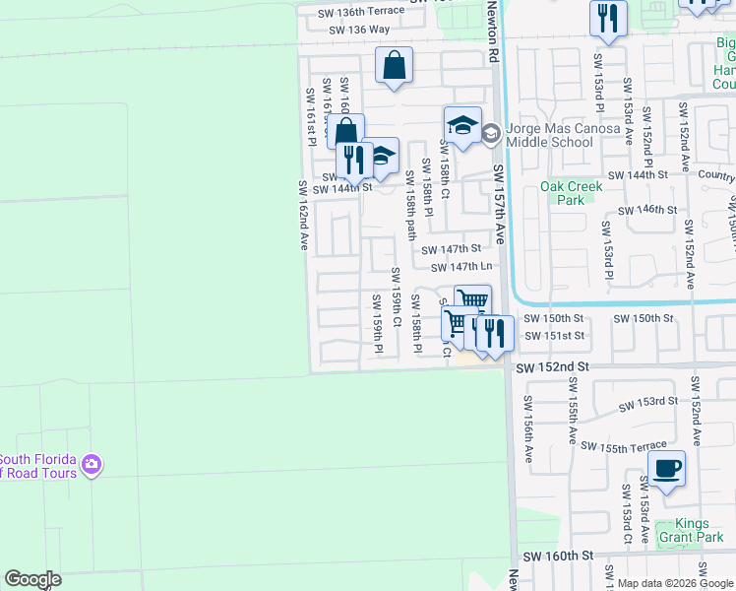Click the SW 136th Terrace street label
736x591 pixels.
(360, 12)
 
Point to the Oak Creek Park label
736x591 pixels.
(562, 193)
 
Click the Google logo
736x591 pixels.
(32, 578)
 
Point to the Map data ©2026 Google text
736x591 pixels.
(676, 583)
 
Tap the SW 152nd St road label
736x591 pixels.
(553, 366)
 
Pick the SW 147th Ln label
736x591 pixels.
(457, 266)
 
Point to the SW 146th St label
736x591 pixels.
(647, 210)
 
